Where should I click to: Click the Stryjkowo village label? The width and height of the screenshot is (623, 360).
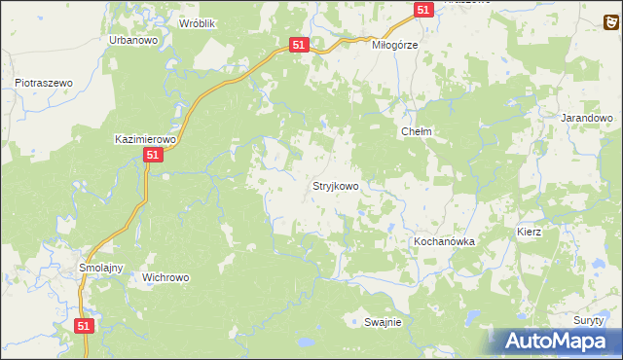coord(336,185)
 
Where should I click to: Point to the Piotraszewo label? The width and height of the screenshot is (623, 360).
coord(44,84)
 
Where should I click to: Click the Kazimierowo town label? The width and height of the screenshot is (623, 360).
coord(144,139)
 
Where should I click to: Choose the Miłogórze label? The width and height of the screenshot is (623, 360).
coord(395,45)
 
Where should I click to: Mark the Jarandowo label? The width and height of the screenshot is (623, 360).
coord(587,118)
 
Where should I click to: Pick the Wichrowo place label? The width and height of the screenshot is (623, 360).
coord(165,276)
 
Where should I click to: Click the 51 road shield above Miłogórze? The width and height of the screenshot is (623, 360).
coord(422,9)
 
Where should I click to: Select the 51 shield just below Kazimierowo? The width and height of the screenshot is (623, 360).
coord(152,156)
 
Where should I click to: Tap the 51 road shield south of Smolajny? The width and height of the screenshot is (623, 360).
coord(84,327)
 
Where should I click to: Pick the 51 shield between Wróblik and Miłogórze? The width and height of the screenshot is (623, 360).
coord(299,45)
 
